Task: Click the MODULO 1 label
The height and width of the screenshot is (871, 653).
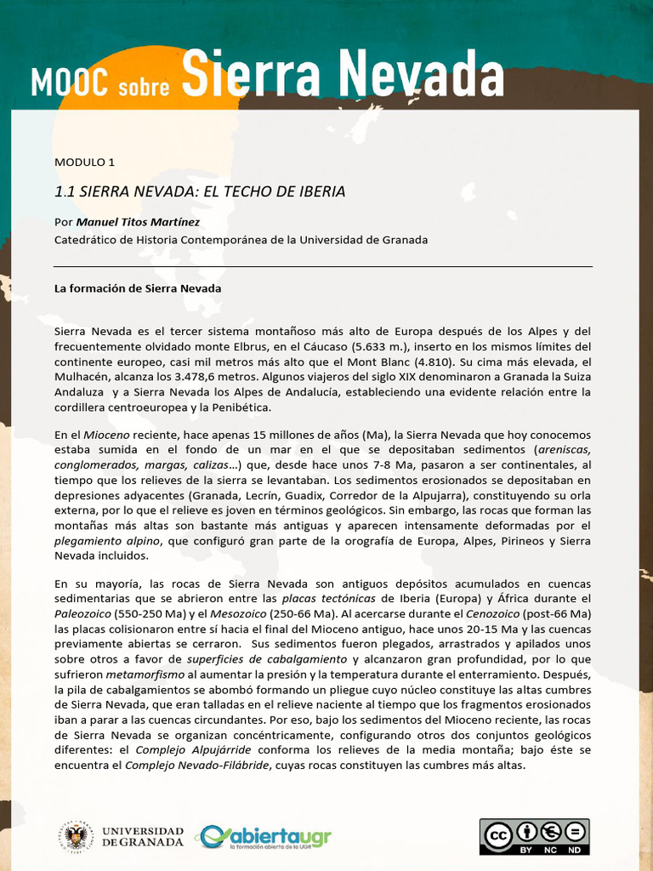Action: tap(84, 162)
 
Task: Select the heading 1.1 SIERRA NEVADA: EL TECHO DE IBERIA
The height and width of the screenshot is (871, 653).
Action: tap(200, 191)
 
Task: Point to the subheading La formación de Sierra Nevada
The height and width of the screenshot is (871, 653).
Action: tap(138, 288)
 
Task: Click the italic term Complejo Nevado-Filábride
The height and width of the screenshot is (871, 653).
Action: tap(196, 765)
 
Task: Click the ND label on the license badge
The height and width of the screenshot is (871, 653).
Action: tap(574, 849)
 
